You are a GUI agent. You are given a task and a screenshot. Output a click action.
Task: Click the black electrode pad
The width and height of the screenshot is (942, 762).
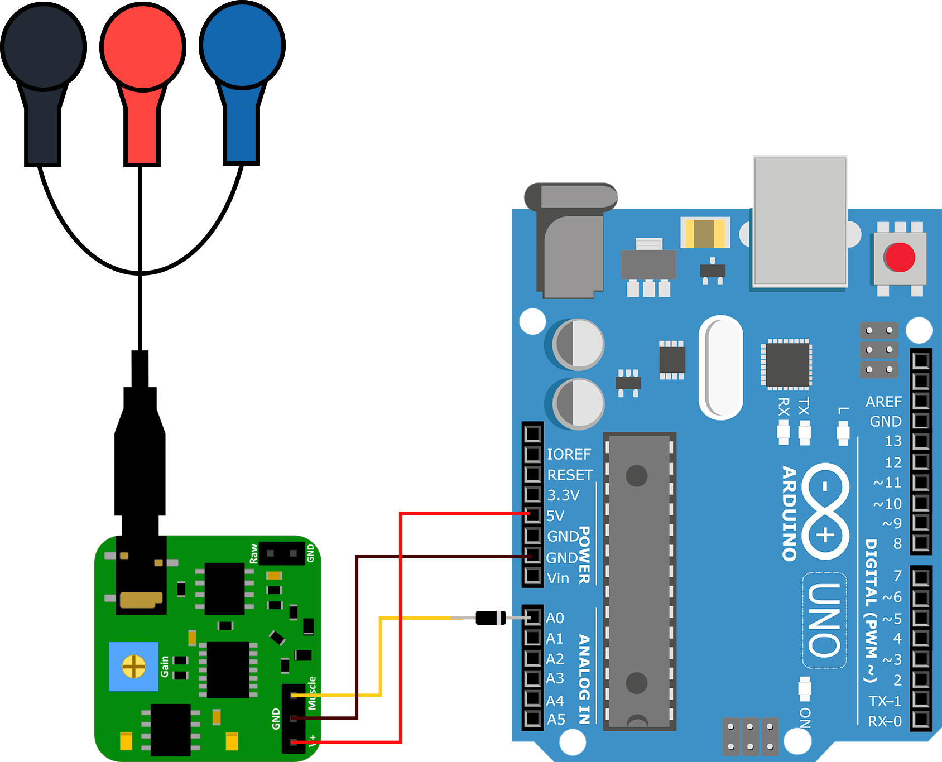[x=44, y=47]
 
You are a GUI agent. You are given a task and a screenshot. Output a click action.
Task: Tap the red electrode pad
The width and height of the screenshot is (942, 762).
[x=143, y=47]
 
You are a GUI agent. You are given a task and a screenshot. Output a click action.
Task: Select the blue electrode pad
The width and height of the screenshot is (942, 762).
[x=242, y=46]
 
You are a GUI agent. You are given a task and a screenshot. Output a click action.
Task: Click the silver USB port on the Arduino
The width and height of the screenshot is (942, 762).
[x=800, y=221]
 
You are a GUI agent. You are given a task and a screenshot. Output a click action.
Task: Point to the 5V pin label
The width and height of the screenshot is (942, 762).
[x=555, y=516]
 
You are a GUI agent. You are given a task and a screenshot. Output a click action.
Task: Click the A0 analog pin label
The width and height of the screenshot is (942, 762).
[x=555, y=618]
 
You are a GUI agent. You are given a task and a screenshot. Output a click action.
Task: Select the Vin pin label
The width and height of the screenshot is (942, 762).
[x=558, y=578]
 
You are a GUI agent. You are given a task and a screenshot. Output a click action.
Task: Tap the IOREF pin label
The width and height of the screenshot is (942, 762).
[x=569, y=455]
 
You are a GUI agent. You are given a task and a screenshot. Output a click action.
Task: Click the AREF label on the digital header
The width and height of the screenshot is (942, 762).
[x=883, y=402]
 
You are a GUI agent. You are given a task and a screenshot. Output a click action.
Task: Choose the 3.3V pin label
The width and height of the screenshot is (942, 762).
[x=563, y=495]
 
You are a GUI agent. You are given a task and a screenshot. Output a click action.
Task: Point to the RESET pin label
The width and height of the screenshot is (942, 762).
[x=570, y=475]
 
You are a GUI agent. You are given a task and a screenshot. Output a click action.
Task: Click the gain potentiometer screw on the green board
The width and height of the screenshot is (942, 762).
[x=134, y=666]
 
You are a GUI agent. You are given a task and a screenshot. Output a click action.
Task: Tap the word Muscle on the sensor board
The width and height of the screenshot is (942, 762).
[x=312, y=693]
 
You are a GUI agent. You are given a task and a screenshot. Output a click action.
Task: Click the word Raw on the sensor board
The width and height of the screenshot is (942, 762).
[x=254, y=553]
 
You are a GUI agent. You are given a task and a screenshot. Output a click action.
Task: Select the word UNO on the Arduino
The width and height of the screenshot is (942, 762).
[x=824, y=620]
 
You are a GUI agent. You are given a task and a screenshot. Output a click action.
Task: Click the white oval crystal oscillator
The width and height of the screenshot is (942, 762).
[x=721, y=367]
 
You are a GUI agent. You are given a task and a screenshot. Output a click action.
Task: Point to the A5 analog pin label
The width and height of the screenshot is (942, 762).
[x=556, y=720]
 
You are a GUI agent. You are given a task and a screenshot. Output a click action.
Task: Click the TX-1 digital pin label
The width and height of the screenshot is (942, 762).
[x=885, y=701]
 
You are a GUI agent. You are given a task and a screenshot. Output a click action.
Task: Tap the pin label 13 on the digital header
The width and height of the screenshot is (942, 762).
[x=893, y=441]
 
